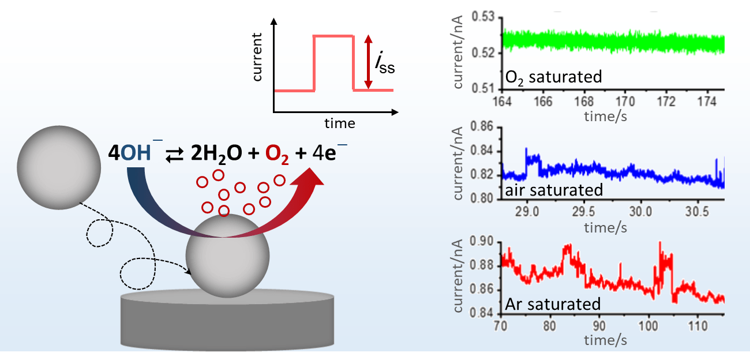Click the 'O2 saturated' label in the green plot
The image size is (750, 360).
553,76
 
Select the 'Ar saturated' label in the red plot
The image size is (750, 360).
552,303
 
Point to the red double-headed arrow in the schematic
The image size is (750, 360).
369,62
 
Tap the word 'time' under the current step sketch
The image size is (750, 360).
339,123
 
